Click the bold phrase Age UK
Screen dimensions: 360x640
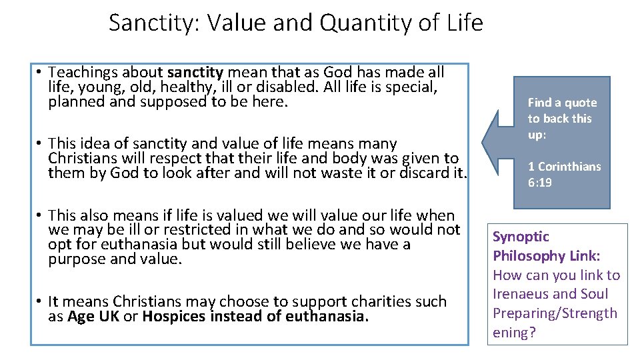[x=93, y=316]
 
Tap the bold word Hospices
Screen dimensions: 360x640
[x=174, y=316]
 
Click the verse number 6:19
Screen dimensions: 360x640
[x=540, y=182]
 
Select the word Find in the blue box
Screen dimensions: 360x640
[x=539, y=103]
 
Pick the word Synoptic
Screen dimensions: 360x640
[x=521, y=237]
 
